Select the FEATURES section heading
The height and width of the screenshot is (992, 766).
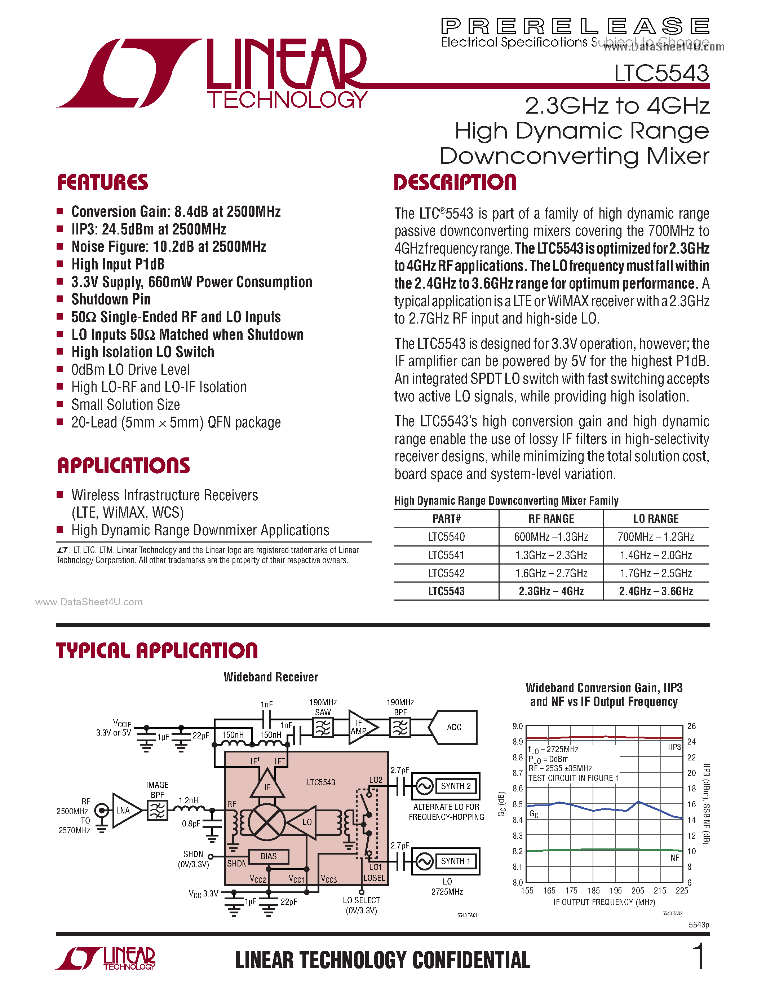103,182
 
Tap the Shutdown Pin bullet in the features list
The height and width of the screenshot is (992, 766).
111,299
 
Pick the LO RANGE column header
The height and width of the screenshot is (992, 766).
656,519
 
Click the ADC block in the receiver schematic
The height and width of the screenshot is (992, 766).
454,727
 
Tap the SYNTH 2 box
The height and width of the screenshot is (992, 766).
456,786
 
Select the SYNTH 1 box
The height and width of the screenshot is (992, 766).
456,861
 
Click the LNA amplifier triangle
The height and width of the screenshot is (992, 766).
123,810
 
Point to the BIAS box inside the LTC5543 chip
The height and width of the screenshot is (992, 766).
269,856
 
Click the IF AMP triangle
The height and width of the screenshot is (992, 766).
361,727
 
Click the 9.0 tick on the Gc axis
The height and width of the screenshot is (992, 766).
517,726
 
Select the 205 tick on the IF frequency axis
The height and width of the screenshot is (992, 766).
638,891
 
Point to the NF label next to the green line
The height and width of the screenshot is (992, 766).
675,857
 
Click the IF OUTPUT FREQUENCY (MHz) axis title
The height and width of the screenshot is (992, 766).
604,902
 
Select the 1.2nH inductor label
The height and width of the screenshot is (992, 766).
188,800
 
